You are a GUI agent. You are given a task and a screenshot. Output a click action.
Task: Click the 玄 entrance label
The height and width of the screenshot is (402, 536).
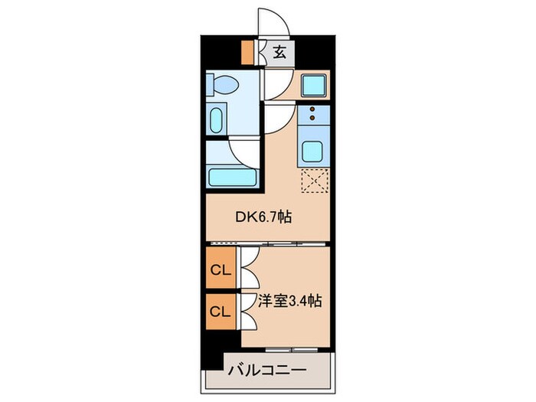click(x=281, y=53)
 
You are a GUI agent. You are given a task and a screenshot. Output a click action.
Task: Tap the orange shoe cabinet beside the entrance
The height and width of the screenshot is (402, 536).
click(x=247, y=51)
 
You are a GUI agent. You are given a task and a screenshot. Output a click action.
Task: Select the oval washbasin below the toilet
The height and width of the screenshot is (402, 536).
click(x=217, y=120)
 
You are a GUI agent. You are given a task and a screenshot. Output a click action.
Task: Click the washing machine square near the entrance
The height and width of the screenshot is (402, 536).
click(x=314, y=85)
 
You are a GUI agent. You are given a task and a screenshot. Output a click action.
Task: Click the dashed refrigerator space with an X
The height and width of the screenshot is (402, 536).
click(x=314, y=181)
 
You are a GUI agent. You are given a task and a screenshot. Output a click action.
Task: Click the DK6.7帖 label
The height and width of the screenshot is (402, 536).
click(x=263, y=217)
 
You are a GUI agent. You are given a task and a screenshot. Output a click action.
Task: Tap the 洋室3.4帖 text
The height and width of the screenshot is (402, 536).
click(x=289, y=301)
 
